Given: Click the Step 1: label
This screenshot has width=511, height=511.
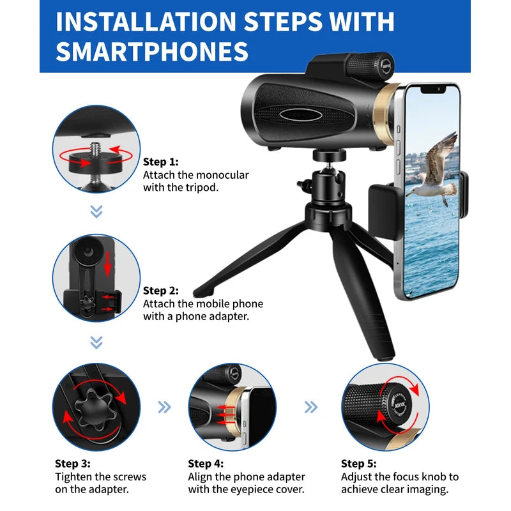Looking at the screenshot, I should (x=160, y=162).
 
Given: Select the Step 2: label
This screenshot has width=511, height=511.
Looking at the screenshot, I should (x=160, y=291).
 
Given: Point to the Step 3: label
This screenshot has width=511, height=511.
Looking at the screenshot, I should (x=72, y=463).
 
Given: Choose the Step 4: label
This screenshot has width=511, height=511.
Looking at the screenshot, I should (x=206, y=463).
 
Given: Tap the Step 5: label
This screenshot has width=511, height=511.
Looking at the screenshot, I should (x=358, y=463).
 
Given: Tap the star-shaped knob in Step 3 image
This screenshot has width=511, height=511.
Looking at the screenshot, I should (x=95, y=404).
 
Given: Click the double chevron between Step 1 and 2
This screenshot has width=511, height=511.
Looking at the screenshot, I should (x=96, y=211).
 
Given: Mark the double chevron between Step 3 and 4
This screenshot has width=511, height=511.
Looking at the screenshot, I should (x=165, y=407).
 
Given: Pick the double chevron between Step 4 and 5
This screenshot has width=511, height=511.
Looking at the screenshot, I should (x=311, y=407).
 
